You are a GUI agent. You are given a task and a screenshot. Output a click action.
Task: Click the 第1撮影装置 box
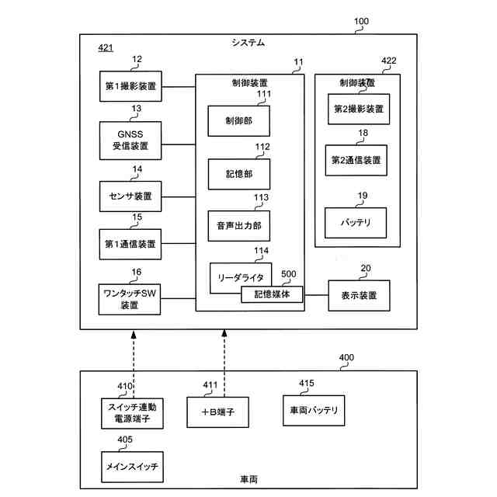pos(130,85)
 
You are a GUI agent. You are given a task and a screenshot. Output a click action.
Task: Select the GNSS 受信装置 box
pos(130,139)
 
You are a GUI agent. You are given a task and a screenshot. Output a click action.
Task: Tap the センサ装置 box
pos(130,194)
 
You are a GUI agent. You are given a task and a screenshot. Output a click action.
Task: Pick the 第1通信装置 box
pos(130,244)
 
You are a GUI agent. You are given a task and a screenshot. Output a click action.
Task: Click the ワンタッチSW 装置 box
pos(130,299)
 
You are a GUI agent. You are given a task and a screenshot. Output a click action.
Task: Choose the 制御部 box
pos(239,120)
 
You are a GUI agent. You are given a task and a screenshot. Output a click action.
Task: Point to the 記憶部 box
pos(239,174)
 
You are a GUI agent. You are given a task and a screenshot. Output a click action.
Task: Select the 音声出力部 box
pos(239,226)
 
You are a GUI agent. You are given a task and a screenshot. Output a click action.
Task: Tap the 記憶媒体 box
pos(271,294)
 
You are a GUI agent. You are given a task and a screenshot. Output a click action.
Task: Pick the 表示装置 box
pos(359,295)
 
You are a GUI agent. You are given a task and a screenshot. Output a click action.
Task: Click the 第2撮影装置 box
pos(358,109)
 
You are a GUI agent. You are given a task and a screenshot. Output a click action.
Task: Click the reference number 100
pos(362,22)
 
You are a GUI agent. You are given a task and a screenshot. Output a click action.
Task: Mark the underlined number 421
pos(106,48)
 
